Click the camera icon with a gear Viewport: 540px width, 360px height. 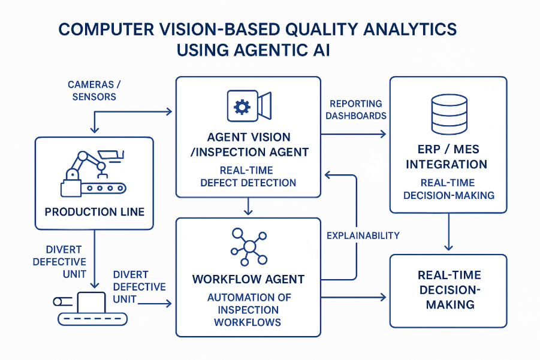pyautogui.click(x=248, y=107)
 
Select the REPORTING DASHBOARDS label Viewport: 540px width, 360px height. pyautogui.click(x=356, y=110)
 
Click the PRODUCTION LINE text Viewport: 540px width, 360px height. pyautogui.click(x=95, y=212)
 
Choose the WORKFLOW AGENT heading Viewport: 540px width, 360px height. pyautogui.click(x=248, y=279)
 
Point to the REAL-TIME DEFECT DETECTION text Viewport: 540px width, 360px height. pyautogui.click(x=248, y=176)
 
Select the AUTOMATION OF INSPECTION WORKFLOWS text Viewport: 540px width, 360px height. pyautogui.click(x=248, y=310)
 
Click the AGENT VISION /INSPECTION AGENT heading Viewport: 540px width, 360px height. pyautogui.click(x=248, y=145)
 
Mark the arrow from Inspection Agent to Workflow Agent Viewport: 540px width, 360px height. pyautogui.click(x=248, y=207)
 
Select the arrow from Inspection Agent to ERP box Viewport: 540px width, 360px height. pyautogui.click(x=354, y=134)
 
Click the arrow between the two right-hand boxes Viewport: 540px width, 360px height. pyautogui.click(x=448, y=234)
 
